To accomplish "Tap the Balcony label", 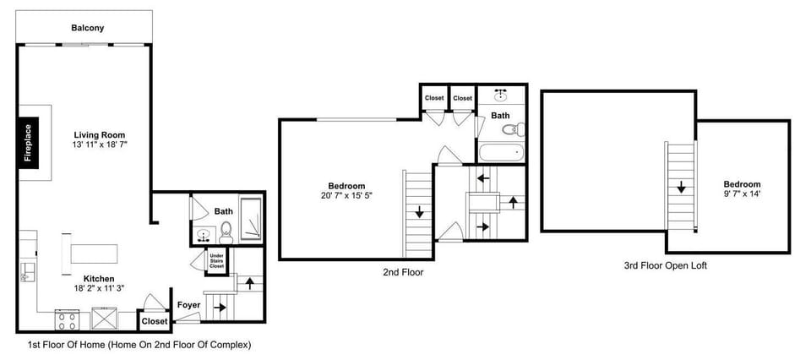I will point(87,28).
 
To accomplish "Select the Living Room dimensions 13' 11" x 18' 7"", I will point(100,145).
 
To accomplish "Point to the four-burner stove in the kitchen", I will point(67,319).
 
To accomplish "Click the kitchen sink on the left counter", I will point(26,270).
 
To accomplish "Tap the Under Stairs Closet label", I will point(217,260).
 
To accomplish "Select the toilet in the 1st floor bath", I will point(226,230).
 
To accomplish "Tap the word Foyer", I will point(188,305).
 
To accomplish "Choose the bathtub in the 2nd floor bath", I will point(500,153).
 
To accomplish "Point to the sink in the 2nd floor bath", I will point(501,95).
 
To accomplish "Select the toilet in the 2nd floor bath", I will point(512,129).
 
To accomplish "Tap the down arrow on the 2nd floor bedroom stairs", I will point(417,213).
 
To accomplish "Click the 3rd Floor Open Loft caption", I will point(666,265).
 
